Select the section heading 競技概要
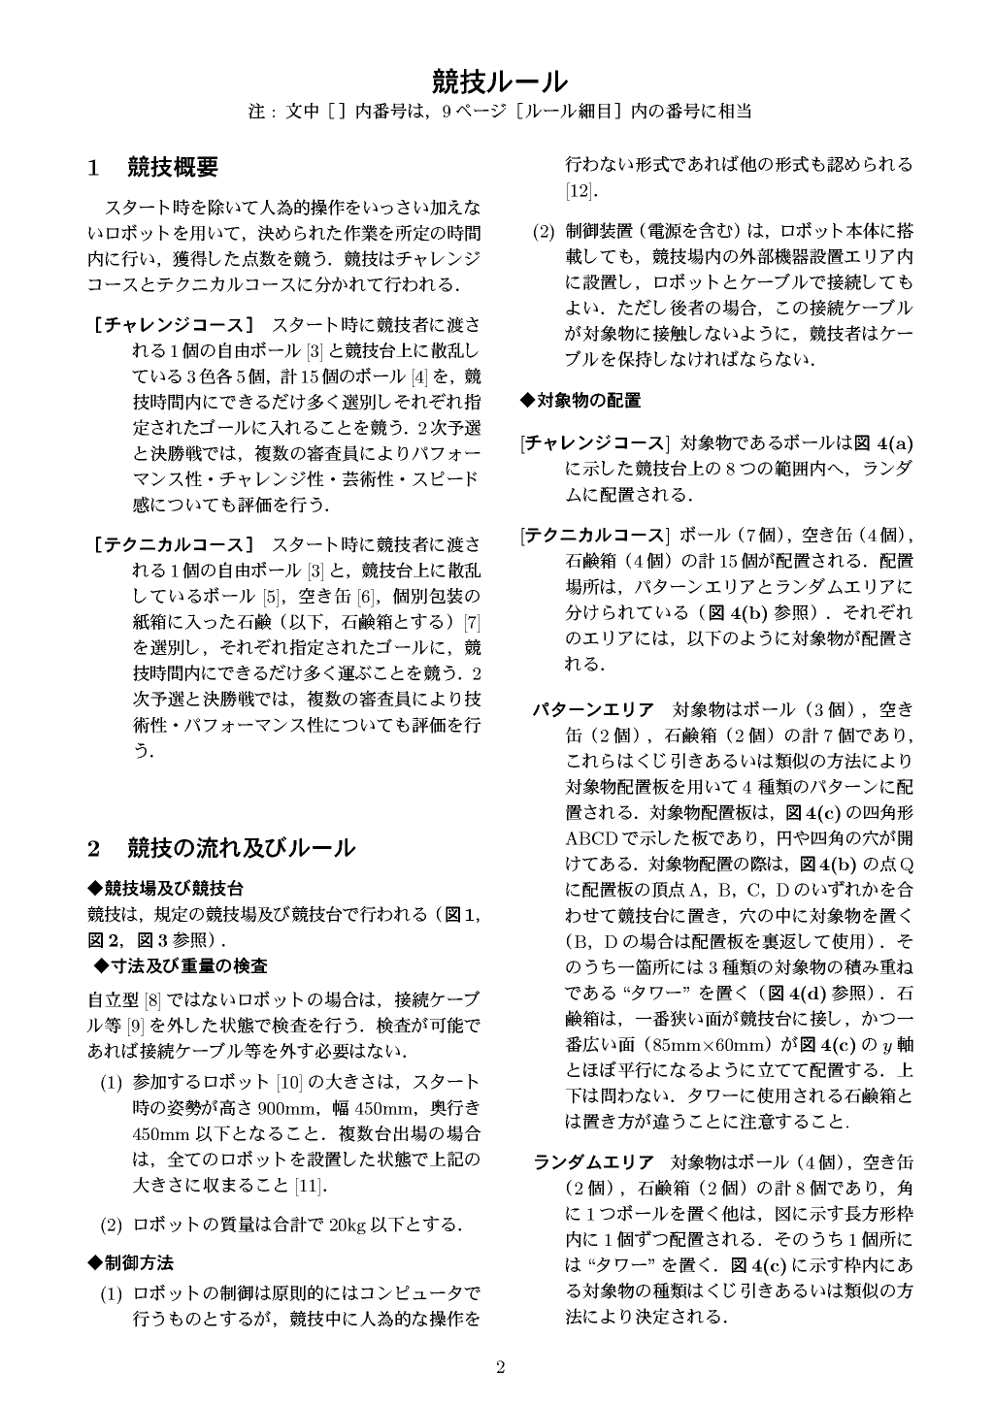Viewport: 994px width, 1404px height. coord(173,167)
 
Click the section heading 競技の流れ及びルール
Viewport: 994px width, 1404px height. coord(241,848)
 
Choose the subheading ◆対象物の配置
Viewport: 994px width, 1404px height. coord(580,400)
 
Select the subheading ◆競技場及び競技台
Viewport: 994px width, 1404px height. coord(165,888)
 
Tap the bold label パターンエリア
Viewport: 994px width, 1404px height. coord(593,708)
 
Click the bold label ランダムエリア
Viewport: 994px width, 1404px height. coord(593,1161)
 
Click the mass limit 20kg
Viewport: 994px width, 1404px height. coord(348,1224)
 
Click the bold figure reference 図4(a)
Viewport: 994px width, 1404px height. coord(882,443)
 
